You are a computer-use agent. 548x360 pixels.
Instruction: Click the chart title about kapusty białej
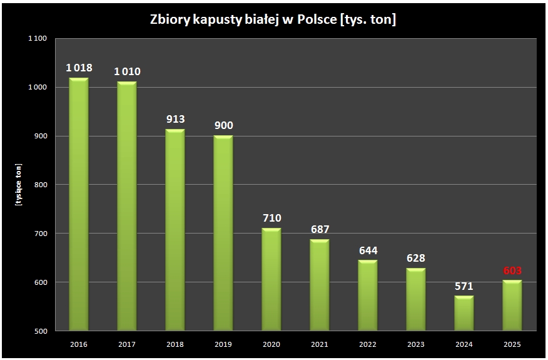(273, 19)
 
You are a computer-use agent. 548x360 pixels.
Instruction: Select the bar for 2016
(79, 204)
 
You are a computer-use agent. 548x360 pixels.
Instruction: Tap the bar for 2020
(271, 279)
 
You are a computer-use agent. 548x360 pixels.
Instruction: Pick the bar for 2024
(464, 313)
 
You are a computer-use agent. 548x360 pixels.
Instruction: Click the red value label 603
(512, 270)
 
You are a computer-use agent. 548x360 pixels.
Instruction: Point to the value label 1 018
(79, 68)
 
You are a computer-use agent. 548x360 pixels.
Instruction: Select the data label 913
(175, 119)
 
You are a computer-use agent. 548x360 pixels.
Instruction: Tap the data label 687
(320, 229)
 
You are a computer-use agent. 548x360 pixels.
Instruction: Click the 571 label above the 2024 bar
(464, 286)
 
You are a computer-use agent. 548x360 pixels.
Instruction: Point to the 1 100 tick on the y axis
(38, 38)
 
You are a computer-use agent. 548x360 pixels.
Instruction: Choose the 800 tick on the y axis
(41, 185)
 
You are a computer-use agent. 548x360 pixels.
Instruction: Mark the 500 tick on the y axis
(41, 331)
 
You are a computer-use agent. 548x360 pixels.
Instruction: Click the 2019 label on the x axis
(223, 344)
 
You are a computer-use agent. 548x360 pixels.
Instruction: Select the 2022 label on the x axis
(368, 344)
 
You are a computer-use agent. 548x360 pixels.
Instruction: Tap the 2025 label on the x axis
(512, 344)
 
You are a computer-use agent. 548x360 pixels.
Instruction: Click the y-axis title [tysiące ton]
(19, 184)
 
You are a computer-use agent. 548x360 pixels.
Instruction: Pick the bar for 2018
(175, 230)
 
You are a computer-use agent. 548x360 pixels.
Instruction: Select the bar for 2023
(416, 299)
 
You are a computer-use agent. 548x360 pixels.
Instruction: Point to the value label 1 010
(127, 71)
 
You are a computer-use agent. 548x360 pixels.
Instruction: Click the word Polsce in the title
(317, 19)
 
